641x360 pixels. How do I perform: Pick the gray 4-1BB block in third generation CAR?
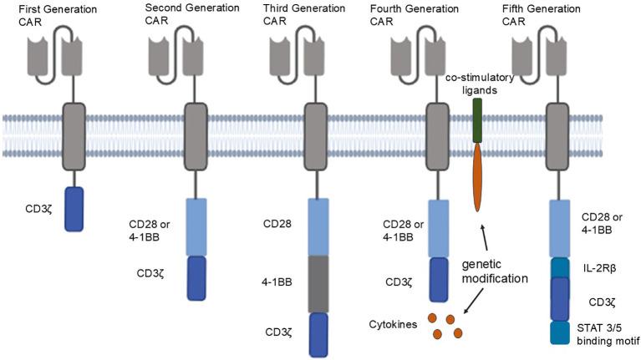318,283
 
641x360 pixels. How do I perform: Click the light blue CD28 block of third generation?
318,226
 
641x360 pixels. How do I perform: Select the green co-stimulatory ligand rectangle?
477,119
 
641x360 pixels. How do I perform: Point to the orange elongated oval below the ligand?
477,176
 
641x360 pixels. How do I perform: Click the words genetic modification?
495,271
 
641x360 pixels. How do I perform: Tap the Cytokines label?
394,322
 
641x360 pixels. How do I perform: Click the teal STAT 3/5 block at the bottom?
559,332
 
